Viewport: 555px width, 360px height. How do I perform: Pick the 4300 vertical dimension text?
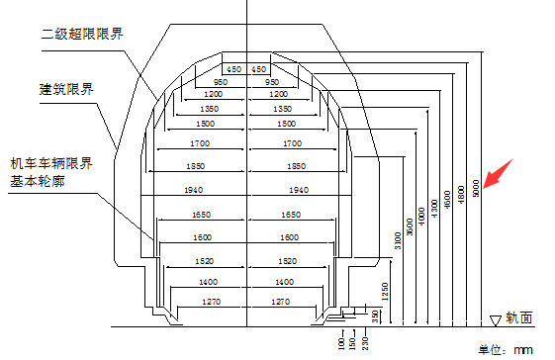tap(434, 208)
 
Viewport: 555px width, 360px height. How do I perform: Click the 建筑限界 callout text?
tap(66, 89)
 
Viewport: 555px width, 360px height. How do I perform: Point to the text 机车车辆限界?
tap(50, 162)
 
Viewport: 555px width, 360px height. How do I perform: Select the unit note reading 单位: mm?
tap(505, 350)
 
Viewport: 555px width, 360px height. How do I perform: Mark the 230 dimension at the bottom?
tap(364, 343)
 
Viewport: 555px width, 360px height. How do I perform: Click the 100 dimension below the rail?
tap(340, 343)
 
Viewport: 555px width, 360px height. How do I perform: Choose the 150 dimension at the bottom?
tap(352, 343)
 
